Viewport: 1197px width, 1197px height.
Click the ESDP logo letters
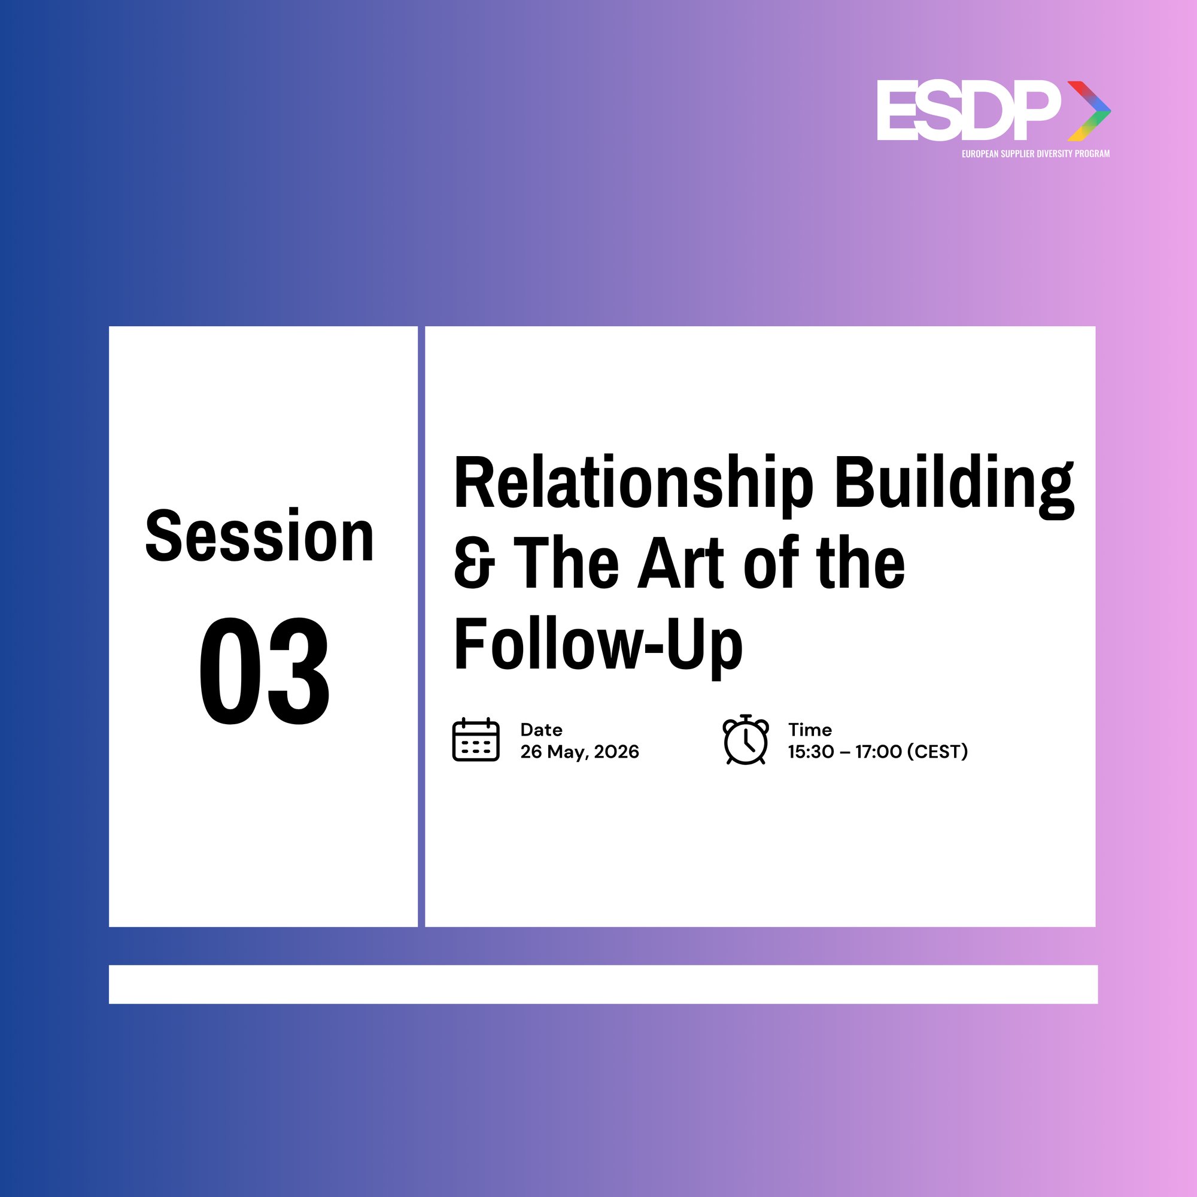969,111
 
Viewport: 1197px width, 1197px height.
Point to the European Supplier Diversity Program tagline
1035,154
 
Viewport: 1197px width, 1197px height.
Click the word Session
260,535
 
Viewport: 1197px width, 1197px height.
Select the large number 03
264,671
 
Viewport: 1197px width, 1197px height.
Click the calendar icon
476,739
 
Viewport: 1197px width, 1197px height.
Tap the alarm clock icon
746,739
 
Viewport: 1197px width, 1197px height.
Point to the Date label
541,729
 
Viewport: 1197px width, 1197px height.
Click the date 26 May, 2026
579,752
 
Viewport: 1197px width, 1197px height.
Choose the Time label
809,729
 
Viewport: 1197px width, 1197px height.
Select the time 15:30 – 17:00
844,752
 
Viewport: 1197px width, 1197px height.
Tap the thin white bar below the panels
603,985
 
